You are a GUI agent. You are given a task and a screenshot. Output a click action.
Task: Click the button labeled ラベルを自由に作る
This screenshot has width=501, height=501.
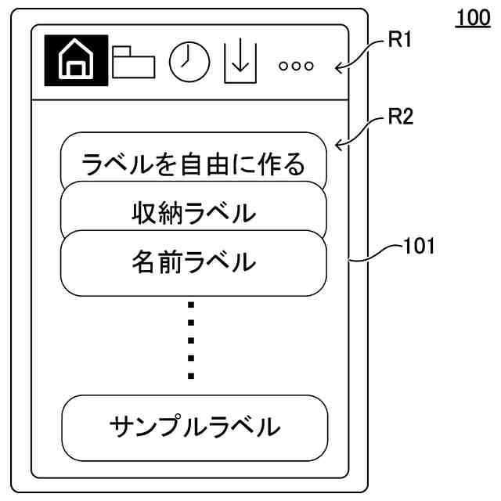coord(193,164)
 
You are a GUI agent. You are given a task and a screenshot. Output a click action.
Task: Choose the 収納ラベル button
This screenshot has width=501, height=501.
coord(193,212)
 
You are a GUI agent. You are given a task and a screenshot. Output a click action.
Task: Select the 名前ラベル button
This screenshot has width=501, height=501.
coord(193,262)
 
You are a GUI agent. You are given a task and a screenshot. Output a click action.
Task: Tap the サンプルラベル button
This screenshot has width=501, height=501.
coord(193,427)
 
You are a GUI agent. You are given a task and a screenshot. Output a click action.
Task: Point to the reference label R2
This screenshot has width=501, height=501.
coord(400,118)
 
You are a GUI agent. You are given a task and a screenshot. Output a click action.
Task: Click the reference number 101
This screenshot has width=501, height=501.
coord(419,248)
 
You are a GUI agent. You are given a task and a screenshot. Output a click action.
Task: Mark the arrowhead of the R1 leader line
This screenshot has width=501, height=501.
coord(338,68)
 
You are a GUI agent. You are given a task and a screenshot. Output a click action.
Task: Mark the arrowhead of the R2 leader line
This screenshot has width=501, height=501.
coord(338,145)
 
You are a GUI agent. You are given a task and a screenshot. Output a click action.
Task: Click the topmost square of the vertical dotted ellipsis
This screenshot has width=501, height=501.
coord(190,305)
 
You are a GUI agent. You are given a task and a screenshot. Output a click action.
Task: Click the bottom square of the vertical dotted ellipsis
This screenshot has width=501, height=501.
coord(190,376)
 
